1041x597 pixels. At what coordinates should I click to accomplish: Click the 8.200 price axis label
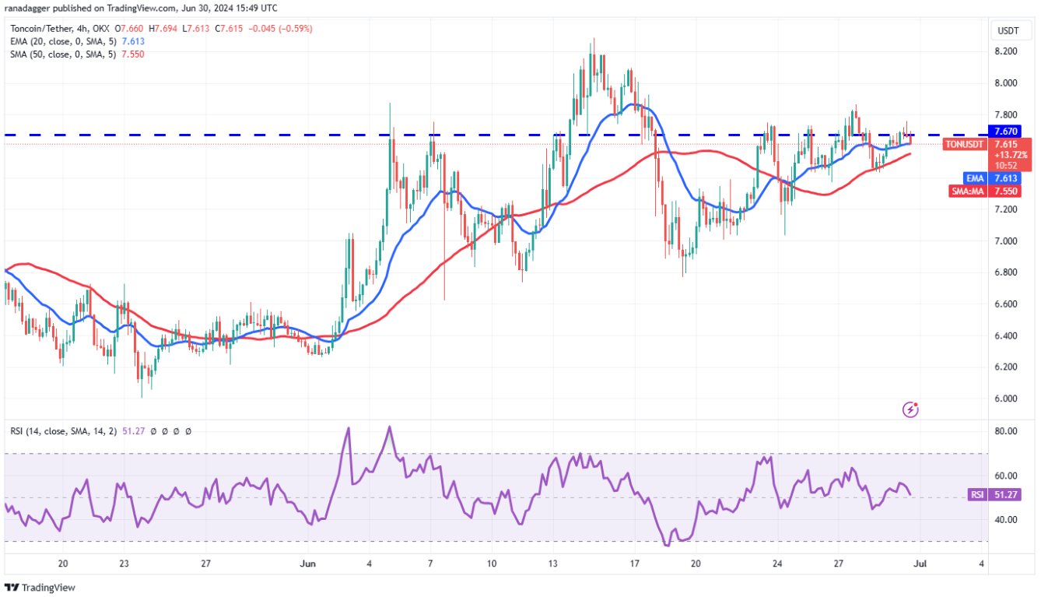pyautogui.click(x=1006, y=51)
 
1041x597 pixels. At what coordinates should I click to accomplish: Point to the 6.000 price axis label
pyautogui.click(x=1006, y=399)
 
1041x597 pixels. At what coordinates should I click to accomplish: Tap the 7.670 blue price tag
pyautogui.click(x=1009, y=132)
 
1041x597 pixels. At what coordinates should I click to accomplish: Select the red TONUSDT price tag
pyautogui.click(x=964, y=144)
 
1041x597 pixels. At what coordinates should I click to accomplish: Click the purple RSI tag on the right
pyautogui.click(x=976, y=494)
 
